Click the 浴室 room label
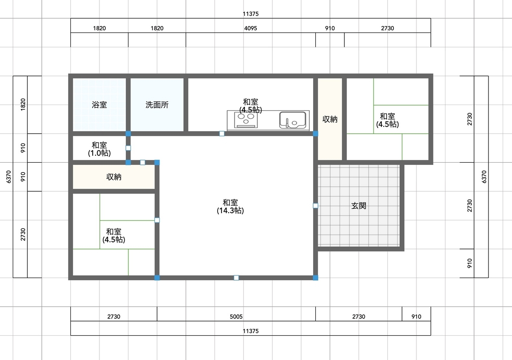99,105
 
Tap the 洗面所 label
157,105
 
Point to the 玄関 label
358,206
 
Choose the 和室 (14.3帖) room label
230,206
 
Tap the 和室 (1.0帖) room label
99,149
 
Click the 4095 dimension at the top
250,28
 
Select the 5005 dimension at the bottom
236,316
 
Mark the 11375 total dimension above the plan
250,14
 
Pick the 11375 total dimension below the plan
250,331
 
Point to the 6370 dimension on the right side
484,177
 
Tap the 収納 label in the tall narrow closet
330,120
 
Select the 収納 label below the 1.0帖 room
113,177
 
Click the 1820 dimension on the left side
23,105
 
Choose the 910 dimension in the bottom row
416,316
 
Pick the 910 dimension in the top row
330,28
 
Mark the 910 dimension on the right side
469,263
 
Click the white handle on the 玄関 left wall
315,206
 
